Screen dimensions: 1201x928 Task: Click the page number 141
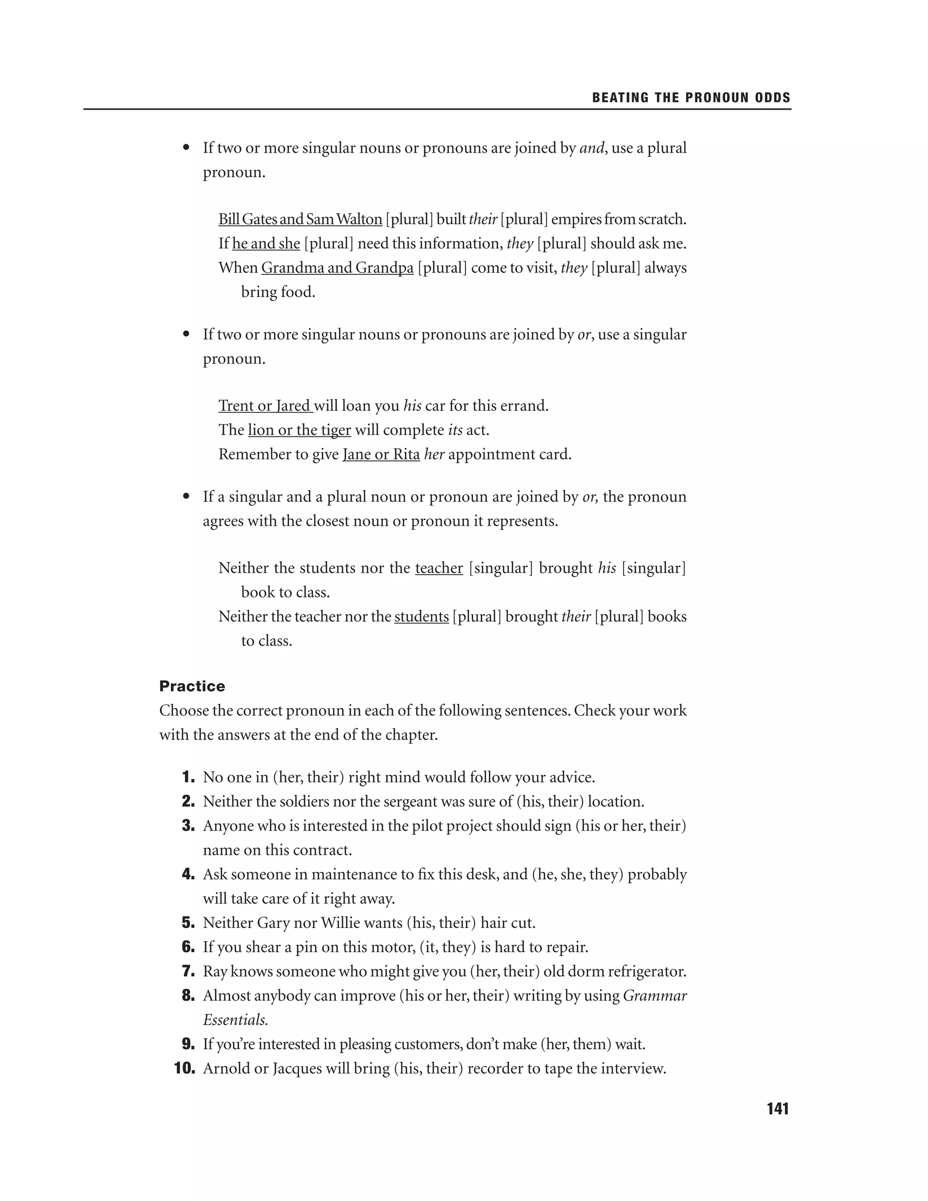pos(778,1109)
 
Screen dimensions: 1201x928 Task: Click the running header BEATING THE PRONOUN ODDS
pos(691,98)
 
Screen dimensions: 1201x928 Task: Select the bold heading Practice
pos(192,686)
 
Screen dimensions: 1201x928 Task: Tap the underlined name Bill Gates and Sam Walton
pos(300,219)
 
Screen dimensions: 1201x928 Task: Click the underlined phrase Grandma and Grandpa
pos(337,268)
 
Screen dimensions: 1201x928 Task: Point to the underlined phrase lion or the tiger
pos(299,430)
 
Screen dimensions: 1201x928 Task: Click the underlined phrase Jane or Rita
pos(381,454)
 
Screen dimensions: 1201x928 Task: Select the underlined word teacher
pos(439,567)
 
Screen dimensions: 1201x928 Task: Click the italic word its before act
pos(455,430)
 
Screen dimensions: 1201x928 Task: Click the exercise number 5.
pos(188,922)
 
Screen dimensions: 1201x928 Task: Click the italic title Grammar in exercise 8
pos(655,995)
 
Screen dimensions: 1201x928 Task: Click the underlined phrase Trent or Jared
pos(265,406)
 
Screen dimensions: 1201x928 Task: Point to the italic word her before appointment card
pos(434,454)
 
